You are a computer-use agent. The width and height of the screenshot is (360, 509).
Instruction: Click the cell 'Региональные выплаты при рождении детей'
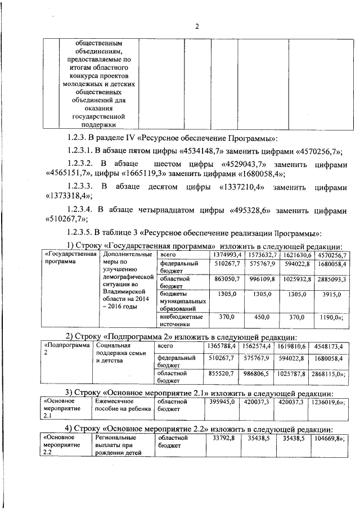click(120, 445)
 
